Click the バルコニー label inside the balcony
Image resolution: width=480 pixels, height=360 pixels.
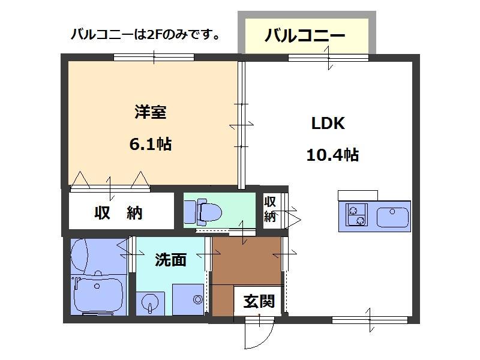pos(305,35)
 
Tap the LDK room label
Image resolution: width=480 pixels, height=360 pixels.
pos(327,124)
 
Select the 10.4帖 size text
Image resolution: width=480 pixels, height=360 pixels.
pos(332,155)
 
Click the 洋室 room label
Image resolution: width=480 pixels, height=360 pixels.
pos(150,112)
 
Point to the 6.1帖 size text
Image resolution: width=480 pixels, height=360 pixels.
pos(150,144)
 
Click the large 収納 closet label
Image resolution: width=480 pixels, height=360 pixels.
pos(118,212)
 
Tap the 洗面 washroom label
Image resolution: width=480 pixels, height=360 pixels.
pos(170,259)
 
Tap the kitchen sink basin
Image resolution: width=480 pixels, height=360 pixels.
pos(392,215)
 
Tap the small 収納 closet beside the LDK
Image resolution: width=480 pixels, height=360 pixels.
pos(270,208)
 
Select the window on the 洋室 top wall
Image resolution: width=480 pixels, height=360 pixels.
pos(154,58)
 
